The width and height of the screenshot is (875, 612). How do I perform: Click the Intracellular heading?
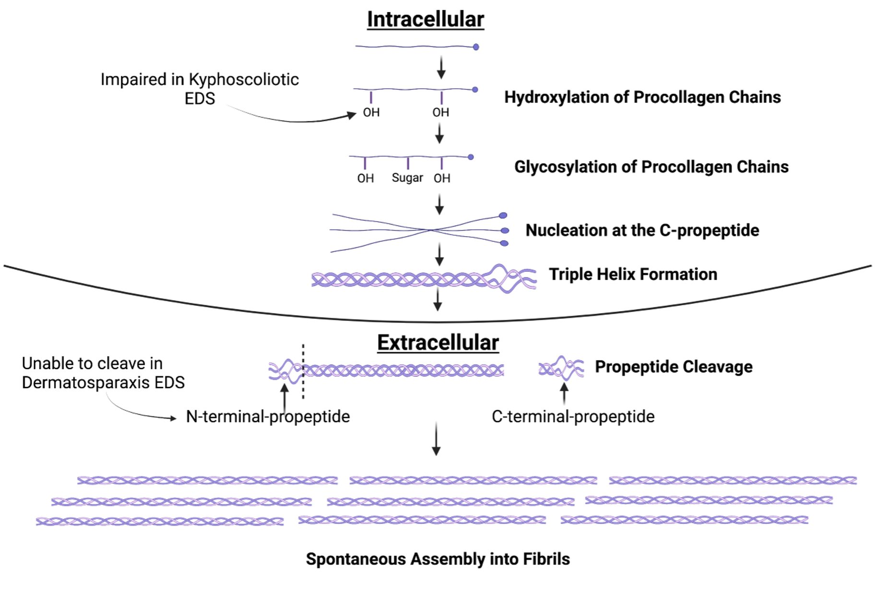tap(426, 20)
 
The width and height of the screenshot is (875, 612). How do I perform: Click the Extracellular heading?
tap(437, 343)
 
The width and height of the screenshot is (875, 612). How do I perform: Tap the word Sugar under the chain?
tap(407, 178)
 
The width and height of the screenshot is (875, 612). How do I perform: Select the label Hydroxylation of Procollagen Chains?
tap(642, 97)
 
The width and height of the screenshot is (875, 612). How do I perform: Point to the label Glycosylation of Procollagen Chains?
tap(651, 167)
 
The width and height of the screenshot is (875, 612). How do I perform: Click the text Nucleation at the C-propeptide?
tap(642, 230)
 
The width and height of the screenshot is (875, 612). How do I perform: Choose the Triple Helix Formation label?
tap(633, 274)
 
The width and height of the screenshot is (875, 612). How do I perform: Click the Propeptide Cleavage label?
tap(674, 367)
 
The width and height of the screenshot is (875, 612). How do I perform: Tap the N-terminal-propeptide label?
tap(268, 416)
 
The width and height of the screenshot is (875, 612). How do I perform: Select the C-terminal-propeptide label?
tap(573, 416)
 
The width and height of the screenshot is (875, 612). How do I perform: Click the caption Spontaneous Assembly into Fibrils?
tap(437, 559)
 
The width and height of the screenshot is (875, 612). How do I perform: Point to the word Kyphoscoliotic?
tap(244, 79)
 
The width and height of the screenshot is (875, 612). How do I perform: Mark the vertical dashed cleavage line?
tap(303, 372)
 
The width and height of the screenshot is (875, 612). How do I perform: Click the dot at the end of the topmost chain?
tap(476, 47)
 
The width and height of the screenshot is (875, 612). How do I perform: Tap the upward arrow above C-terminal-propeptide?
tap(564, 393)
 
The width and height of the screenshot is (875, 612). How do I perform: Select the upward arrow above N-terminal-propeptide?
tap(284, 396)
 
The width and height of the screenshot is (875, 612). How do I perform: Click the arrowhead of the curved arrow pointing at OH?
tap(353, 115)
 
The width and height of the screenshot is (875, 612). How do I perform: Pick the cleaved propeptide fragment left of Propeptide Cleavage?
tap(561, 369)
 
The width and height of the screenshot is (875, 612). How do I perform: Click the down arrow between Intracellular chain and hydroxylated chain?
tap(441, 68)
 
